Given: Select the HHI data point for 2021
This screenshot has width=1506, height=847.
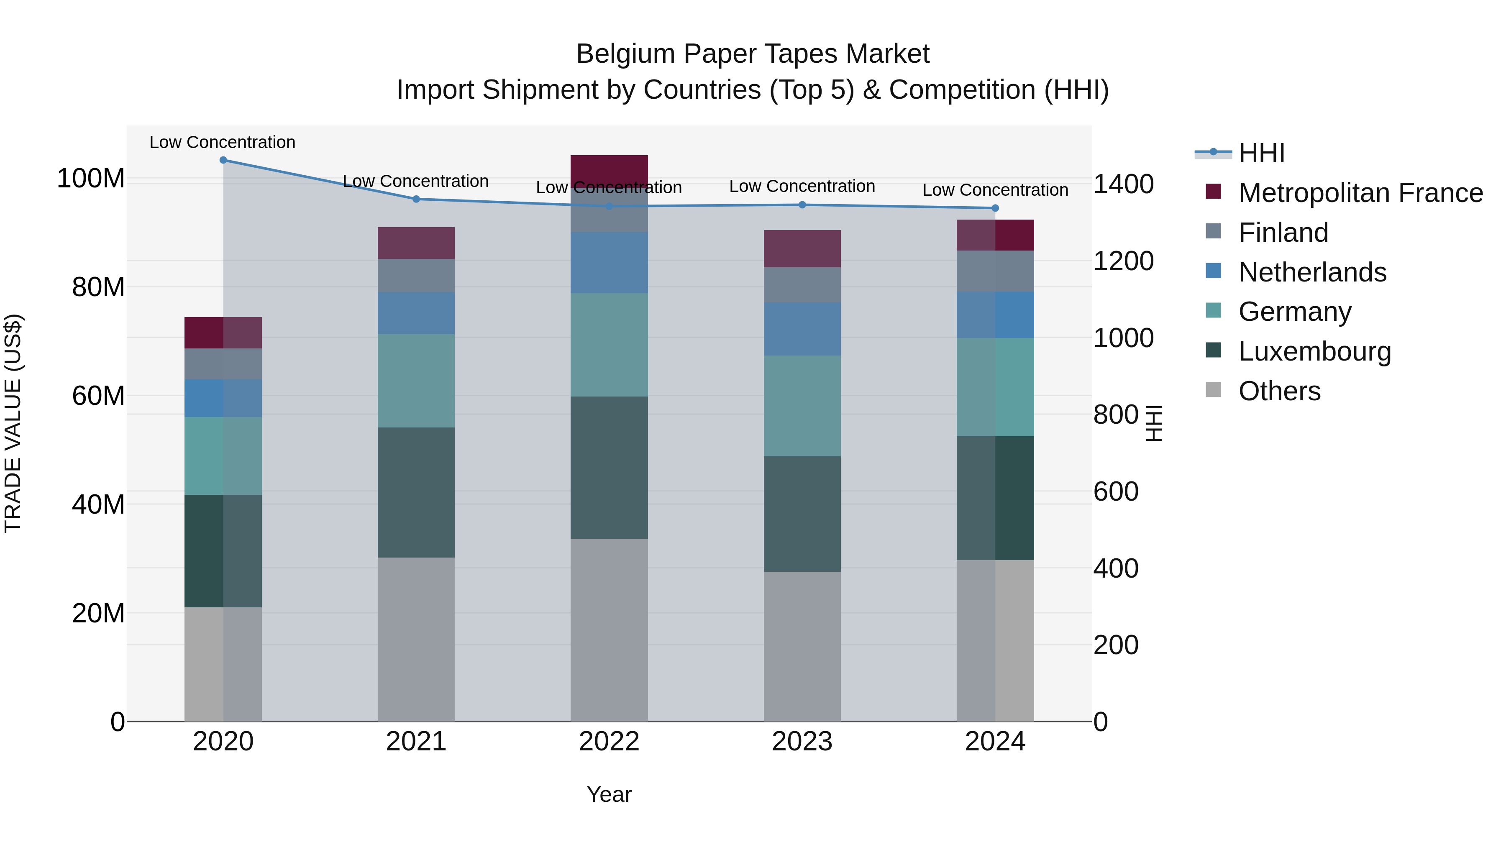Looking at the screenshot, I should pos(416,200).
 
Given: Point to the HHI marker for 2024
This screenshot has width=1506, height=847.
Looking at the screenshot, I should pos(996,208).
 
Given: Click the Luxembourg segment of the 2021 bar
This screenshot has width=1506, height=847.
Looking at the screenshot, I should pos(416,492).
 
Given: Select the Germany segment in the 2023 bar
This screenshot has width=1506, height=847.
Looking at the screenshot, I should pos(802,406).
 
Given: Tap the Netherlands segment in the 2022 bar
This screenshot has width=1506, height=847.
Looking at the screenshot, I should pos(609,262).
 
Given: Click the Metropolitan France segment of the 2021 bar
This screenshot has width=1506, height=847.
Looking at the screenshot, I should pos(416,243).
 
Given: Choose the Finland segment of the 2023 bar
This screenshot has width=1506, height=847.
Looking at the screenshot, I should pos(802,285).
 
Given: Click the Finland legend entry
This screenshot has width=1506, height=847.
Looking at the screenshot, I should pos(1283,233).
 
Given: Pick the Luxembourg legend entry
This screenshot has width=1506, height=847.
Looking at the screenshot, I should pos(1314,351).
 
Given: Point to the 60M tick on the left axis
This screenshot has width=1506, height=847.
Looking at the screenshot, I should pos(98,396).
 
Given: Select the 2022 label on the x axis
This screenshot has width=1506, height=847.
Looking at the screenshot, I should pos(609,742).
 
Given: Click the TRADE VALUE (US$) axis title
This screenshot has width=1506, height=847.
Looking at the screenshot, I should pos(13,423).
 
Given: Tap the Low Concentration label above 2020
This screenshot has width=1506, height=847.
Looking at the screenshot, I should pos(223,142).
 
